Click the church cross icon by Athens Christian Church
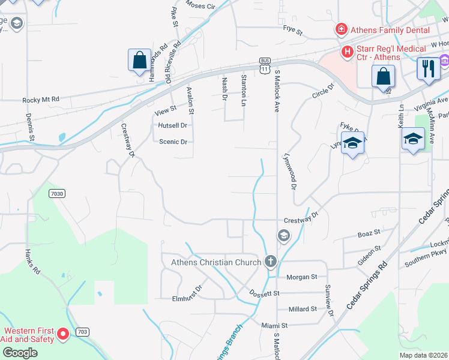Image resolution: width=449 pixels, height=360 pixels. coord(271,262)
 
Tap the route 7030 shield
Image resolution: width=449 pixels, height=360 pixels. coord(57,193)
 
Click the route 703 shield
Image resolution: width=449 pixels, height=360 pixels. coord(82,332)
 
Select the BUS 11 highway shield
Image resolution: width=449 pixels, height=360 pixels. coord(265,65)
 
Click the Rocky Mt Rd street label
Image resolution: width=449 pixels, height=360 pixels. coord(41,100)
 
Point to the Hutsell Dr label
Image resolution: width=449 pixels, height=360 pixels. coord(173,125)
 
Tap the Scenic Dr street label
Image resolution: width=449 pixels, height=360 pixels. coord(173,142)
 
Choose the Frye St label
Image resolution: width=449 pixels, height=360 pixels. coord(294,28)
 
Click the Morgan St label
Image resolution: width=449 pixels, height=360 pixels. coord(302,277)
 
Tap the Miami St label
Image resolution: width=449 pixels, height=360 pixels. coord(275,325)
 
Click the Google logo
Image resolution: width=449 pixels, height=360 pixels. coord(20,353)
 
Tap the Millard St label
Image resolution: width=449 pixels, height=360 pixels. coord(303,309)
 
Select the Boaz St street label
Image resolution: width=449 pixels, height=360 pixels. coord(369,233)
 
